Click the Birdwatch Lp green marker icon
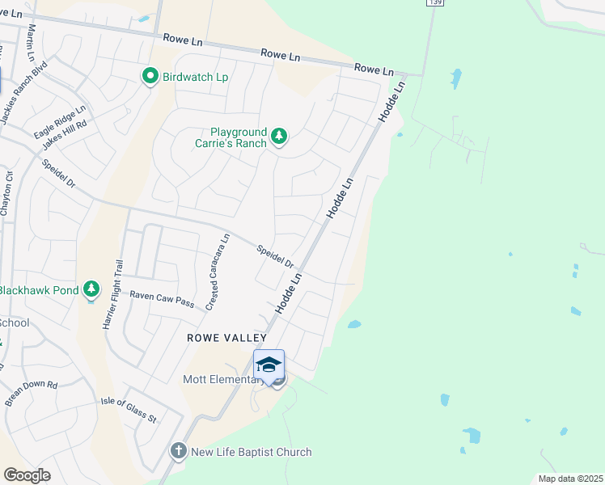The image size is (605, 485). (150, 77)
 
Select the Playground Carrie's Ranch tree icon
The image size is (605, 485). (279, 137)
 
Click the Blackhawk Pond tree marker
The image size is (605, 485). (92, 290)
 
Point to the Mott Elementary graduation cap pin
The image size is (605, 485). (269, 365)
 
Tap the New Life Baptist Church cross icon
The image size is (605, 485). (178, 452)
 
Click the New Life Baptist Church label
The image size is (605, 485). (251, 452)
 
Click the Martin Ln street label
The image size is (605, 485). (32, 42)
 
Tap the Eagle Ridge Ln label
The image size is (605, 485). (59, 121)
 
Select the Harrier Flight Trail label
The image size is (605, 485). (112, 293)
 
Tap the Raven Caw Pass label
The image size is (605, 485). (163, 300)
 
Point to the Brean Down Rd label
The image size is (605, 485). (31, 392)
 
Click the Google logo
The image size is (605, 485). (27, 474)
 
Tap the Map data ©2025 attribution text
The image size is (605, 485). (570, 479)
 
